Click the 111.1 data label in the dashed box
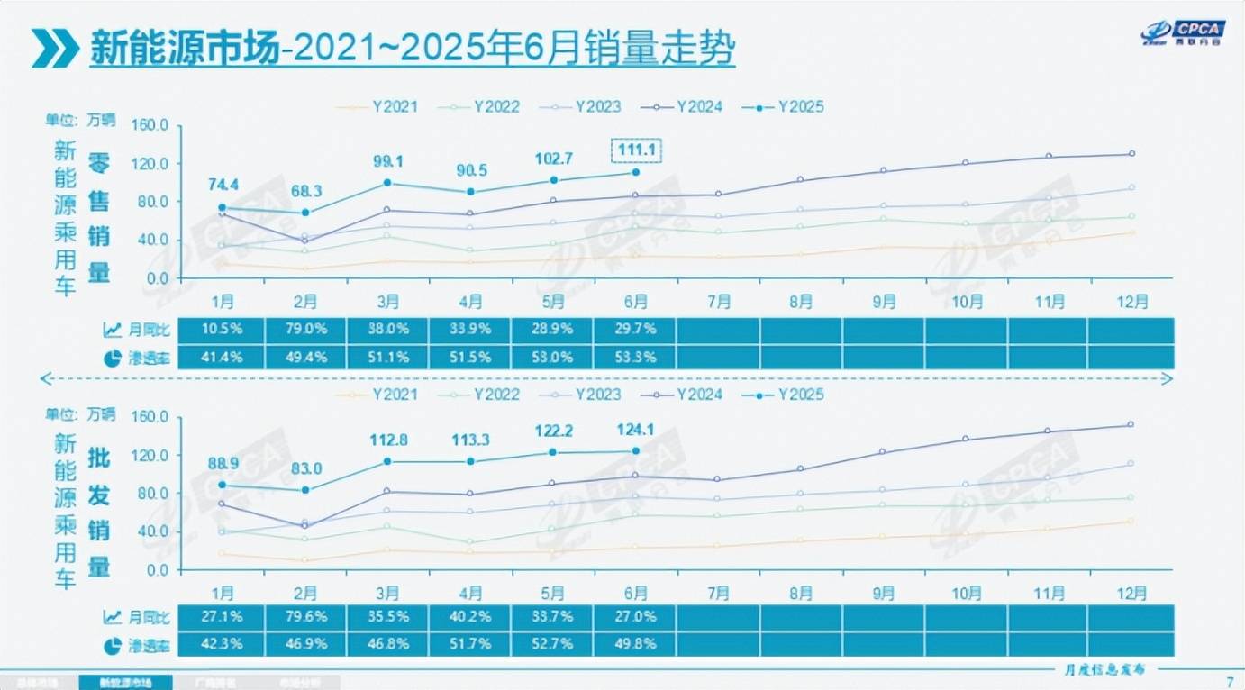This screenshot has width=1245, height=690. (x=636, y=150)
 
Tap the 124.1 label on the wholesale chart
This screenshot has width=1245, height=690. (x=636, y=429)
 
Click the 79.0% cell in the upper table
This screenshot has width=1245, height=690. (x=305, y=330)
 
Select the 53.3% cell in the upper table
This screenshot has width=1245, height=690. (x=636, y=357)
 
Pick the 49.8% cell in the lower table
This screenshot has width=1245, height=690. (x=636, y=643)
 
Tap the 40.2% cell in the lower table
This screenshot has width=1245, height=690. (x=470, y=617)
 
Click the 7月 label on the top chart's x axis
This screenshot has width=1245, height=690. (x=718, y=302)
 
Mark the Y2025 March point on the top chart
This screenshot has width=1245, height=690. (x=387, y=183)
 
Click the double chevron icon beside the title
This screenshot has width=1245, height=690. (x=54, y=49)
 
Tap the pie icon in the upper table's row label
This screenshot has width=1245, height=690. (x=113, y=358)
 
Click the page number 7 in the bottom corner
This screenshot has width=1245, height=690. (x=1230, y=680)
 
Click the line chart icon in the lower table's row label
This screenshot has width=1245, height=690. (x=113, y=617)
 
